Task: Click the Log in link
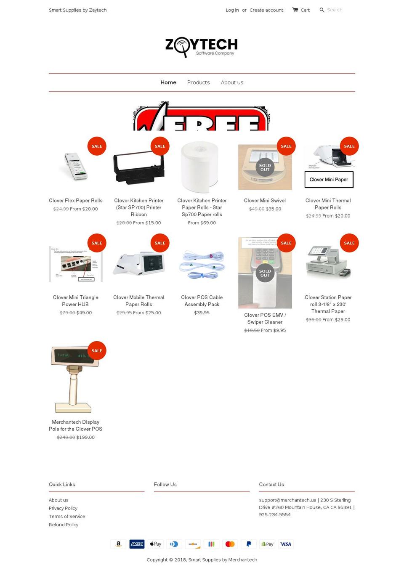[x=232, y=10]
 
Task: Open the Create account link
[x=266, y=10]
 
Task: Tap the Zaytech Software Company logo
[x=202, y=47]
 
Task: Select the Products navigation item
[x=198, y=82]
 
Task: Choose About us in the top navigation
[x=232, y=82]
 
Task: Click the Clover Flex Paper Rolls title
[x=76, y=201]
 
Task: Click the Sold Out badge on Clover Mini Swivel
[x=265, y=167]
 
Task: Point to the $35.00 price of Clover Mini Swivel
[x=274, y=209]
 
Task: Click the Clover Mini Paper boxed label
[x=329, y=180]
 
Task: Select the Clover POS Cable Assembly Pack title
[x=202, y=301]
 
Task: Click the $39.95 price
[x=202, y=313]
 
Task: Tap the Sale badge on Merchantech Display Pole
[x=97, y=350]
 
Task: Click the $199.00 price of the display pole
[x=85, y=438]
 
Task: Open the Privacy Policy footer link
[x=63, y=508]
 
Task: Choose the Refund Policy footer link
[x=64, y=525]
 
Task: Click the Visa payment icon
[x=286, y=544]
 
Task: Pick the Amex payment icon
[x=137, y=544]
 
